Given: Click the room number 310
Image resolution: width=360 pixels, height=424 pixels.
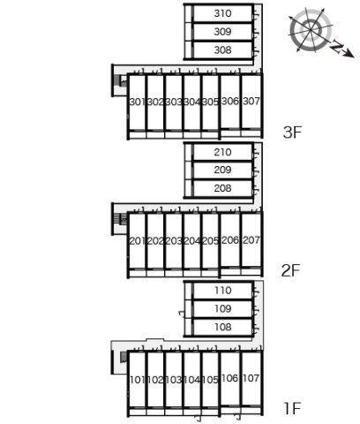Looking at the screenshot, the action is click(x=222, y=13).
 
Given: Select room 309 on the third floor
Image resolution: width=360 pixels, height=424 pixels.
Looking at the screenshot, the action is click(x=222, y=32).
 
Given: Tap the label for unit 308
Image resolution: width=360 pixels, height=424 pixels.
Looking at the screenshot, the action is click(x=222, y=49).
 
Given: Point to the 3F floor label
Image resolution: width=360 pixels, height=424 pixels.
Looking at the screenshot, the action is click(x=292, y=132).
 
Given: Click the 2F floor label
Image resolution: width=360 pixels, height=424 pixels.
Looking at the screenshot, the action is click(x=290, y=270).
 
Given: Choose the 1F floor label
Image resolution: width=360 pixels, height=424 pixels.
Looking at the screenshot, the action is click(x=292, y=408).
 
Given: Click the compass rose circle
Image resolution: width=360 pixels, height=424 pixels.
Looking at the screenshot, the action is click(x=311, y=29).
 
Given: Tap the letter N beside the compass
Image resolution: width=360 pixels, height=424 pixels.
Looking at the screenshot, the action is click(x=336, y=47).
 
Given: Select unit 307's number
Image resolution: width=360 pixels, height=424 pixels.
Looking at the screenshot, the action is click(x=251, y=102).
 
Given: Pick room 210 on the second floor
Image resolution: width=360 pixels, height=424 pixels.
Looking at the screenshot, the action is click(x=222, y=152).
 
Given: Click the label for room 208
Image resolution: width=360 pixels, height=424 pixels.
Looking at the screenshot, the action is click(x=222, y=188).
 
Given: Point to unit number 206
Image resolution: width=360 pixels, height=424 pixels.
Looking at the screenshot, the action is click(x=230, y=240).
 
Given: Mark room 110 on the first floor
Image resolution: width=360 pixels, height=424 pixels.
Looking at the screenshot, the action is click(x=223, y=291).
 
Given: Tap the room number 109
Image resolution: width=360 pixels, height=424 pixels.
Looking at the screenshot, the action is click(x=223, y=309).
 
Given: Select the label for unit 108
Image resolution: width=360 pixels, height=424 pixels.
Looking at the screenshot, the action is click(x=223, y=327).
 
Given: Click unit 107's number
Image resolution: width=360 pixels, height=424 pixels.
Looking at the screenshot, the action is click(x=251, y=378).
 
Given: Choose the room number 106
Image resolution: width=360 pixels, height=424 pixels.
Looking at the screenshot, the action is click(x=230, y=378).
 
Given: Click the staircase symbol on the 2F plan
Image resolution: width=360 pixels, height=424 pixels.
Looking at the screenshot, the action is click(x=120, y=218).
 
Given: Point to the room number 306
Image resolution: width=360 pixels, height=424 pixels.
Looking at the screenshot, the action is click(x=230, y=102).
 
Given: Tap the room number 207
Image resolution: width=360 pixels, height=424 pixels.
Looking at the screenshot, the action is click(x=251, y=240).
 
